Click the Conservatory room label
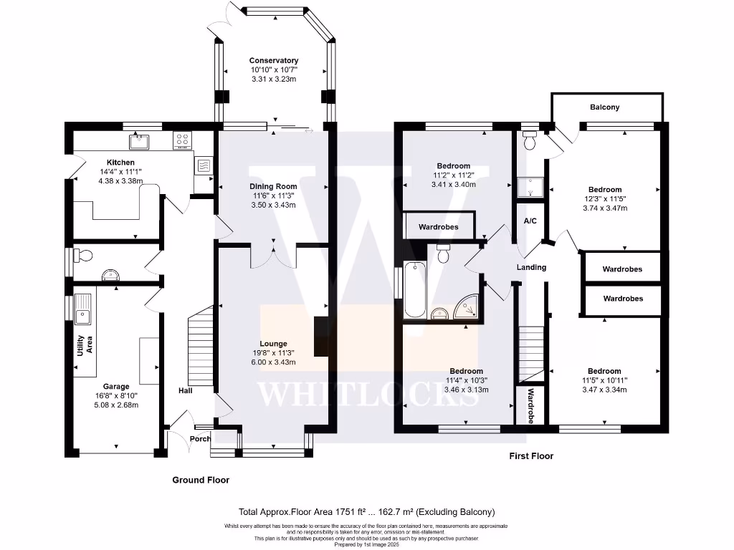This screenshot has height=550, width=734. (x=273, y=60)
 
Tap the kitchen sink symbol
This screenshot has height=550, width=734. (x=139, y=142)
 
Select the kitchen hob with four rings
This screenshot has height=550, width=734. (x=182, y=140)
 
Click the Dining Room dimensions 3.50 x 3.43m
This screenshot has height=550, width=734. (x=273, y=205)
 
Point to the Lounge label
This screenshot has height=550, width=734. (x=273, y=344)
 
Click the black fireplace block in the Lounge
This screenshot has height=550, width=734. (x=321, y=337)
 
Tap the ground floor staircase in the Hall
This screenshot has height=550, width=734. (x=201, y=346)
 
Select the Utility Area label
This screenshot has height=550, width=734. (x=85, y=345)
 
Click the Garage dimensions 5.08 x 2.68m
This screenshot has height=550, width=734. (x=116, y=405)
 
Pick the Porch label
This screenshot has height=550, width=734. (x=201, y=439)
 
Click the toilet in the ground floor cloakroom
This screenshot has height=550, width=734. (x=83, y=256)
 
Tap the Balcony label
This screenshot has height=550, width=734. (x=605, y=107)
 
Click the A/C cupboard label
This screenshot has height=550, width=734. (x=530, y=221)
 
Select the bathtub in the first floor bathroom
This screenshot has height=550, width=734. (x=415, y=290)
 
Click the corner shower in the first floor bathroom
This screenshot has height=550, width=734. (x=466, y=307)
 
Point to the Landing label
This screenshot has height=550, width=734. (x=531, y=267)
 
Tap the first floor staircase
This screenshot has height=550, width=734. (x=531, y=354)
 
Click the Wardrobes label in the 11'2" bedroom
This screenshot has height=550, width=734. (x=439, y=227)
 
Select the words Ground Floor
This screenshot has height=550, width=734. (x=201, y=480)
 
